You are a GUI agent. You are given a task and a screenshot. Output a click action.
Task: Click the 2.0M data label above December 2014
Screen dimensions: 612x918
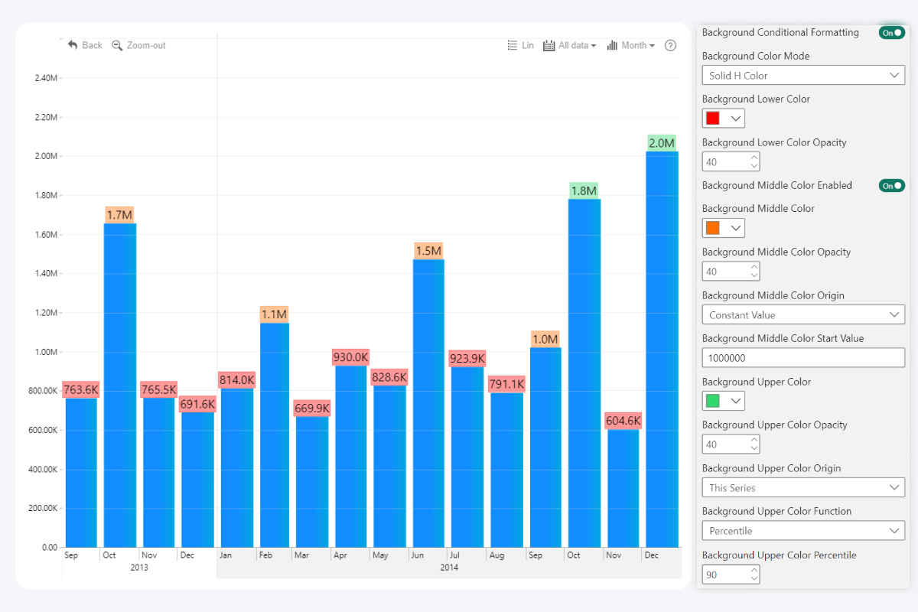[x=662, y=143]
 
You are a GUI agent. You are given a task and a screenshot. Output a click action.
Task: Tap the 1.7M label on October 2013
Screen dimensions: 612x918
[x=119, y=215]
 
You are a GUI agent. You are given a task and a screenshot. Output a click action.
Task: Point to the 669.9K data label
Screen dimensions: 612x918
[x=312, y=409]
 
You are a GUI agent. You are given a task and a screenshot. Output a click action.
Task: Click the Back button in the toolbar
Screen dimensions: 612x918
[x=85, y=45]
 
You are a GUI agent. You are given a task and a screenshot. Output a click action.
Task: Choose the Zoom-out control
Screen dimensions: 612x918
[x=138, y=45]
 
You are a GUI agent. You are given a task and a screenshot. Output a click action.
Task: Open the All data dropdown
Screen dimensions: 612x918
[x=570, y=45]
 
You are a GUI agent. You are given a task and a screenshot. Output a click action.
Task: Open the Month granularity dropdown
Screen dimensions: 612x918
[x=631, y=45]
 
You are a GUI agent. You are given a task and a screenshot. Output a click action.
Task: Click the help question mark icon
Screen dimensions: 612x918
[x=671, y=45]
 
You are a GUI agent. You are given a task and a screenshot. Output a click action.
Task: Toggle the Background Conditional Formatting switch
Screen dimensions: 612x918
[x=892, y=33]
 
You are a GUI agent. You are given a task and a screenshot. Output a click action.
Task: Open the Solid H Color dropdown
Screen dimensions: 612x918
[x=803, y=76]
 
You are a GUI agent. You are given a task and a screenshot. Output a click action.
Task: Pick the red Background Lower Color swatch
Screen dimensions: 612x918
[x=713, y=119]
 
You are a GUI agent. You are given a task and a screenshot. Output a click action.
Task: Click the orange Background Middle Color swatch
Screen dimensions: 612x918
[x=713, y=228]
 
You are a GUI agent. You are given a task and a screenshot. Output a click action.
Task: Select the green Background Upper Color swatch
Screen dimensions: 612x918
[x=713, y=401]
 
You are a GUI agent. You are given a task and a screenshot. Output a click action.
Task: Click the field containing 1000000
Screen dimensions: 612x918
[x=803, y=358]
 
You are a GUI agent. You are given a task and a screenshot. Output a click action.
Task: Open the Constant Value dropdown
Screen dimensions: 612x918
[x=803, y=315]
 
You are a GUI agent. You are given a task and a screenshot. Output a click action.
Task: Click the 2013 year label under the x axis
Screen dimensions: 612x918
[x=139, y=568]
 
